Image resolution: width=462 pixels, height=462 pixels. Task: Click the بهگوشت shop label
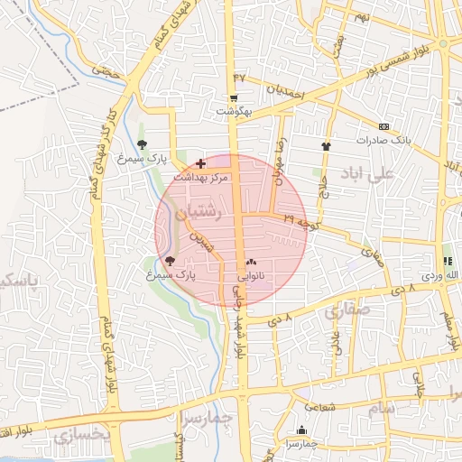point(233,112)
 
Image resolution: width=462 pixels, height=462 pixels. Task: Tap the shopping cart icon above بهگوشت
point(234,98)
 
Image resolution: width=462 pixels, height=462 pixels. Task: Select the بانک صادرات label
point(383,141)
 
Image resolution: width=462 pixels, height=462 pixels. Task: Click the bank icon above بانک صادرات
point(383,126)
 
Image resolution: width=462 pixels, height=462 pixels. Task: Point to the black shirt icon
point(326,144)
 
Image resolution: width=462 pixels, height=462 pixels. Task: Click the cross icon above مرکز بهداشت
point(200,164)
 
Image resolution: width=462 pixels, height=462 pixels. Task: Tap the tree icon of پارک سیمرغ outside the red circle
point(143,143)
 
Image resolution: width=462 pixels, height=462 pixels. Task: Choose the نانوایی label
point(251,275)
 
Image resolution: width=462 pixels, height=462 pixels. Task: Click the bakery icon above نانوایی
point(251,262)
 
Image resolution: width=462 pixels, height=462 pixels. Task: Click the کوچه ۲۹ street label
point(300,219)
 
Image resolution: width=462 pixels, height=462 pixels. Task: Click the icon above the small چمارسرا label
point(301,430)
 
